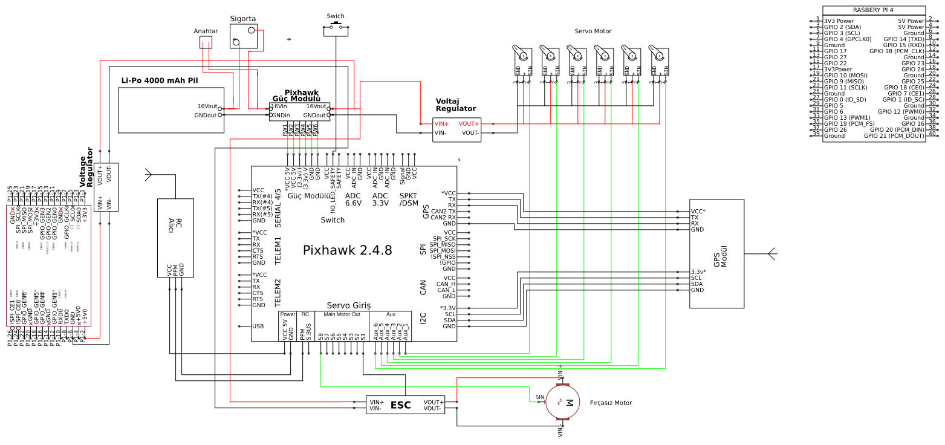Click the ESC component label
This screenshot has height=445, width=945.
[400, 405]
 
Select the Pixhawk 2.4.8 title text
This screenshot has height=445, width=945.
[347, 250]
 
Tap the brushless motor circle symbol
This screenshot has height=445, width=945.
[563, 401]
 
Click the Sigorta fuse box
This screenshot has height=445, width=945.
[243, 36]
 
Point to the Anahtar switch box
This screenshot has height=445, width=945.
[206, 42]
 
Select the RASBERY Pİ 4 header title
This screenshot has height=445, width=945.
[872, 10]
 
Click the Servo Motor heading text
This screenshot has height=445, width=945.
[593, 31]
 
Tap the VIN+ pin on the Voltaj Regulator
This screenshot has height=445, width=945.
[441, 123]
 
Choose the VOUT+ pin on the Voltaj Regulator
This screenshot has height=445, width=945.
[469, 123]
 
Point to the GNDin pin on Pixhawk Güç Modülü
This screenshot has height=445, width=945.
[281, 115]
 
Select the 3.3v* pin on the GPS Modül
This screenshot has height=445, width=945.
[698, 271]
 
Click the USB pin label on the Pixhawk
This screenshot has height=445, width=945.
[258, 326]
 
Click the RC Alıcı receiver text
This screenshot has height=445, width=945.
[175, 225]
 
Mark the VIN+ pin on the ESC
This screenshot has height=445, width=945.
[377, 402]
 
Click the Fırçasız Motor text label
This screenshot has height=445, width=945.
[611, 403]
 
